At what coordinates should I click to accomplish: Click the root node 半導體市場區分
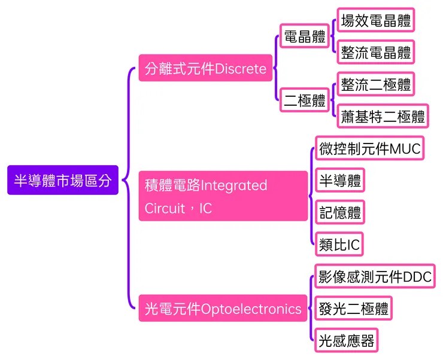(63, 180)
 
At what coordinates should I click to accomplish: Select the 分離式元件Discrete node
(205, 69)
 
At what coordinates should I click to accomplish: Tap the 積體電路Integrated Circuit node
(223, 196)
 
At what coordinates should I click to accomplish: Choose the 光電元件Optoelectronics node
(223, 309)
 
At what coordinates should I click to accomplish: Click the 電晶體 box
(305, 37)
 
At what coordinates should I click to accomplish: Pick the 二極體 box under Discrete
(305, 100)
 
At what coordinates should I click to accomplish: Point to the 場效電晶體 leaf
(375, 22)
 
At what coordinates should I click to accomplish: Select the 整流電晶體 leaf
(375, 53)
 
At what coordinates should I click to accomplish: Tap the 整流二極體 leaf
(375, 84)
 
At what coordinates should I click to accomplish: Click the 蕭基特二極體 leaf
(383, 116)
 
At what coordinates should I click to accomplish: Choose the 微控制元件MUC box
(369, 148)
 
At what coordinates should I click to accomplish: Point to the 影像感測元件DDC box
(374, 277)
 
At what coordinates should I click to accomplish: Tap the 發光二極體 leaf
(353, 309)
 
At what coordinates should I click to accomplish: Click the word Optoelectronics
(251, 309)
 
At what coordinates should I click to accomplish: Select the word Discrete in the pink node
(240, 69)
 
